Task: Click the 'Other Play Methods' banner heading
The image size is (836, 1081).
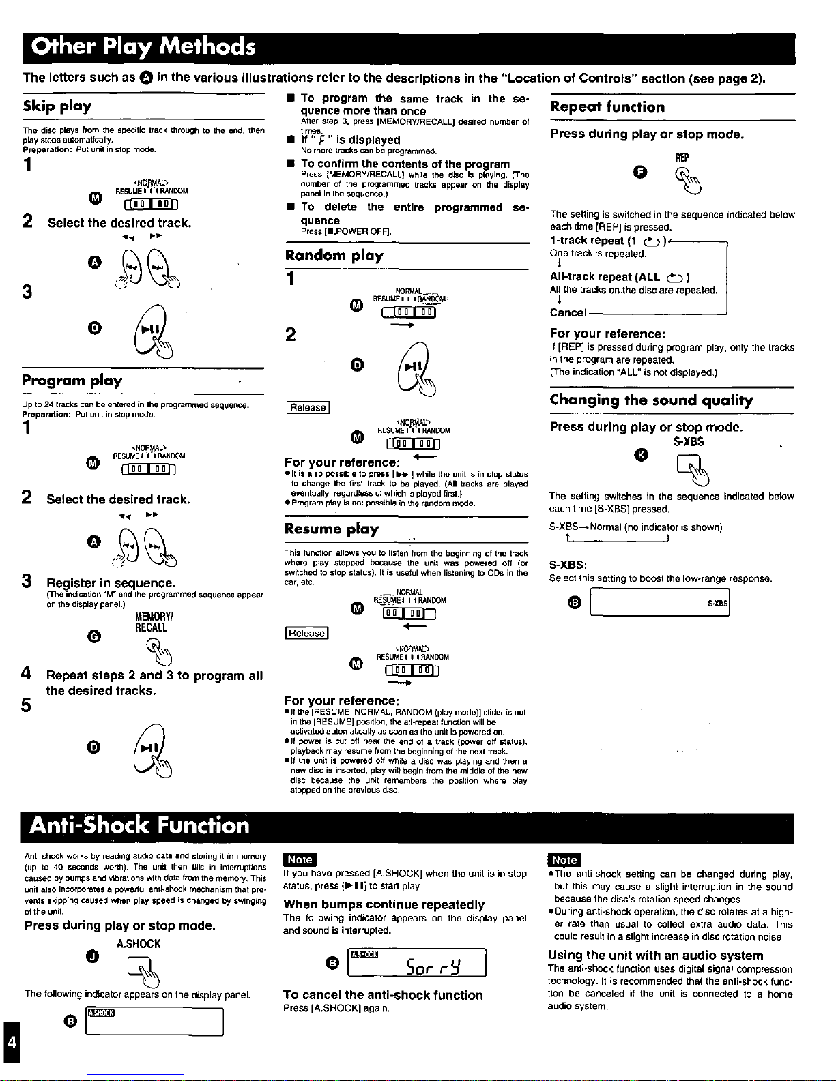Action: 143,46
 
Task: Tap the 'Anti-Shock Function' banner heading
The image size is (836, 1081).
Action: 140,826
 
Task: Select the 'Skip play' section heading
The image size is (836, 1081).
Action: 57,106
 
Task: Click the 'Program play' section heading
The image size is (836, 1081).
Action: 72,381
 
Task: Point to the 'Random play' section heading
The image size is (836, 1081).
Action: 334,256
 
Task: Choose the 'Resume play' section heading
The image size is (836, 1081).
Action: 332,529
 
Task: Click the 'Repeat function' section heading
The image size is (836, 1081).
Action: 607,107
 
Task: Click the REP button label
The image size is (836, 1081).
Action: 682,158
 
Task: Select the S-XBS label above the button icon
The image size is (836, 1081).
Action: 689,442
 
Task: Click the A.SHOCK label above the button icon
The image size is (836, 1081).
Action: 139,944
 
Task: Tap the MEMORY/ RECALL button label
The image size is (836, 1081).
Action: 151,621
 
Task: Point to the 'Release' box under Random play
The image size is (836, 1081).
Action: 308,408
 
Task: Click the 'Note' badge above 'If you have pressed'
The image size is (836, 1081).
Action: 300,860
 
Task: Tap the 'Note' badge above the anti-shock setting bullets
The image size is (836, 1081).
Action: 564,860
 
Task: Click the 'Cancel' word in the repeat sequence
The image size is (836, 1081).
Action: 568,312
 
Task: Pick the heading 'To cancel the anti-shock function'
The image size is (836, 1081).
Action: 383,995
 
